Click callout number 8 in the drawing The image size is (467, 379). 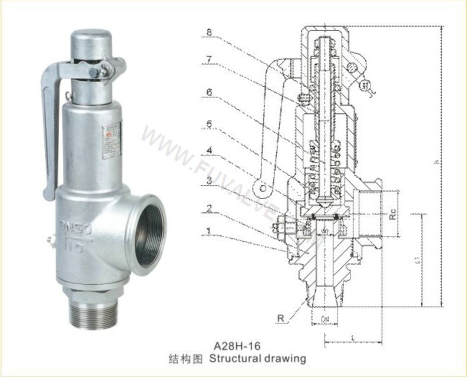coord(209,32)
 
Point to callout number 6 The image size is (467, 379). coord(209,92)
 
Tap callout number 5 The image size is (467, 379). coord(209,123)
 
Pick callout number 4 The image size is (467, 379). coord(209,151)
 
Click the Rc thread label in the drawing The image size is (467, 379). coord(392,213)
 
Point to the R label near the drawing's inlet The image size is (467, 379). coord(278,316)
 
